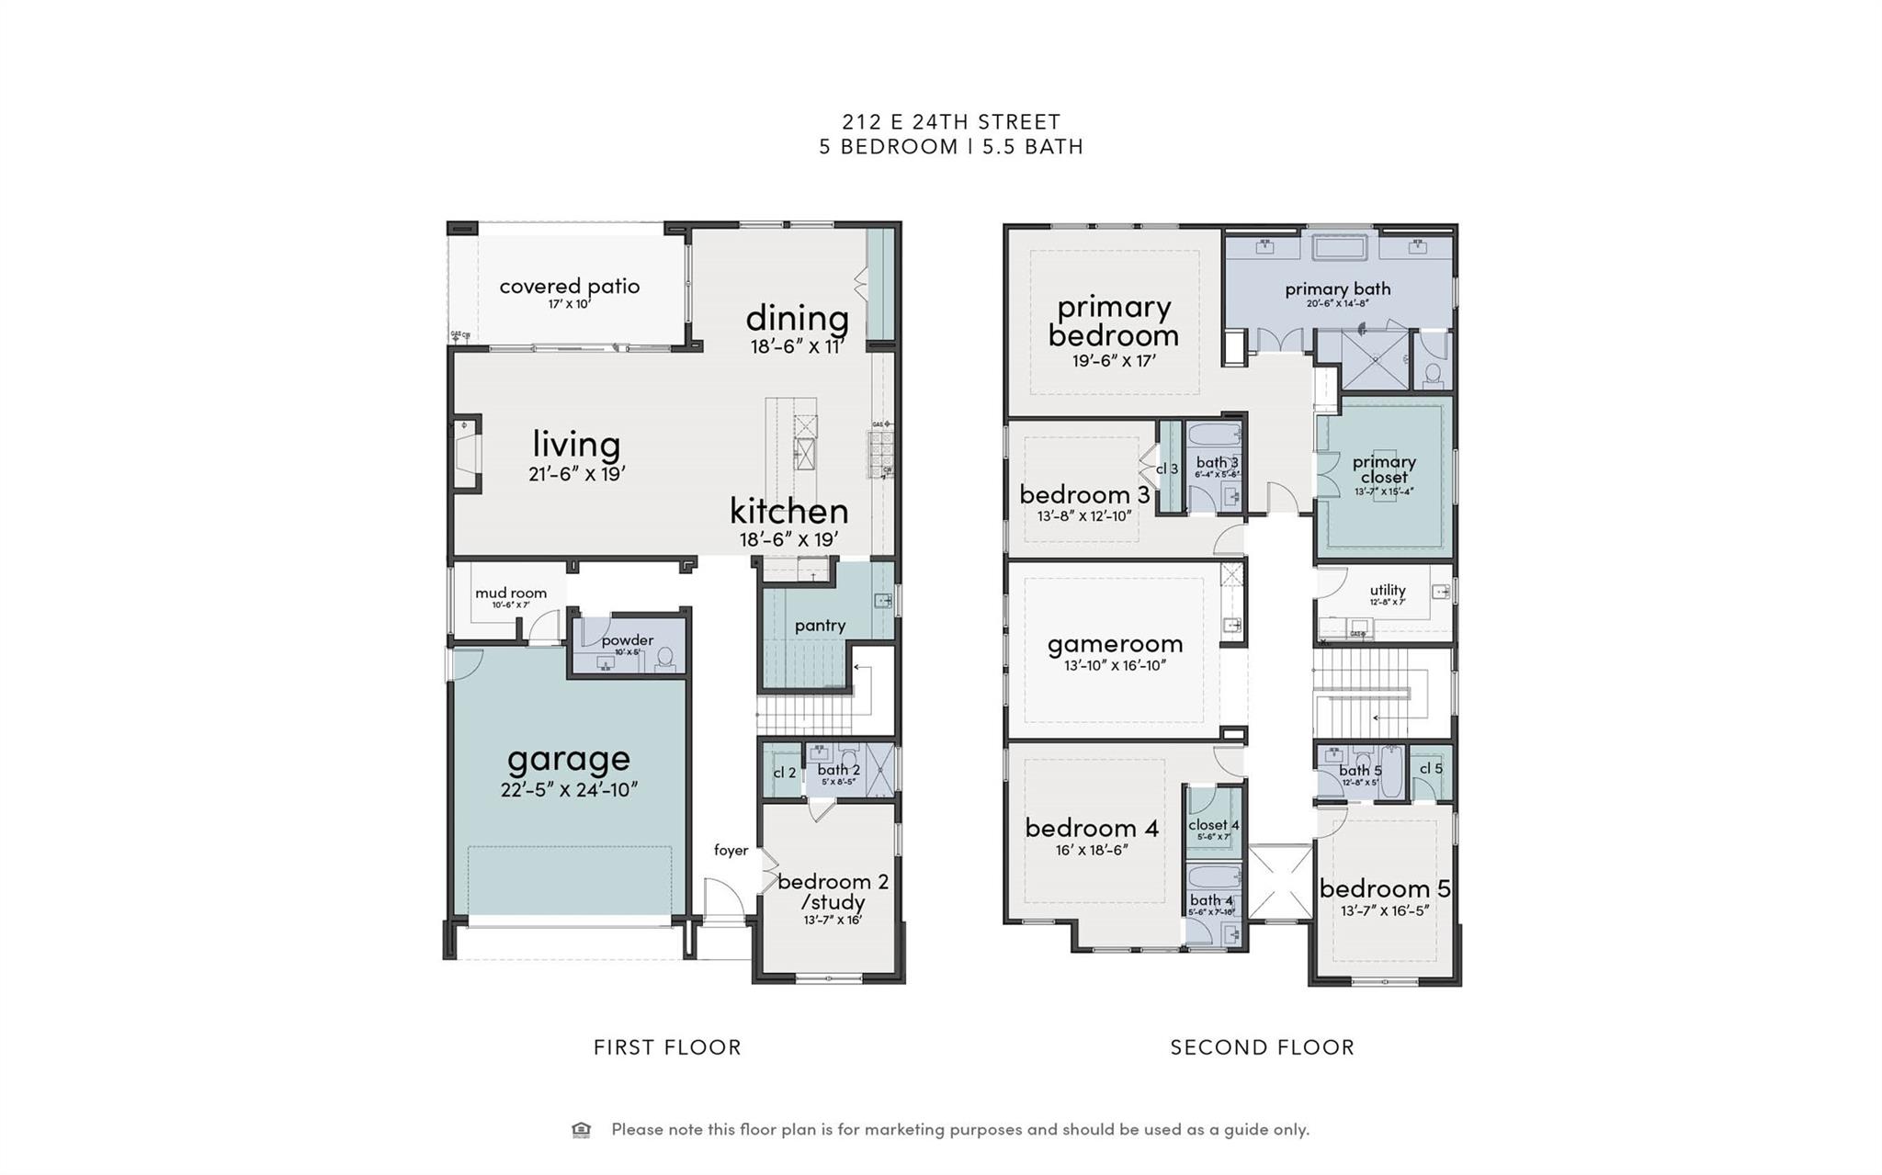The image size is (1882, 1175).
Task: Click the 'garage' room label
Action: pos(569,759)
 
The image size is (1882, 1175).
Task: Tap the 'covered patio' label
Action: pos(569,286)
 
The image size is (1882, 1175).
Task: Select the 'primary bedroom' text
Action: pos(1113,321)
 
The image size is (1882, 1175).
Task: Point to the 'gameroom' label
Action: pos(1115,644)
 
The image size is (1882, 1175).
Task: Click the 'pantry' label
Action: pos(820,626)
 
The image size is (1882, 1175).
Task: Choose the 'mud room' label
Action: pos(511,593)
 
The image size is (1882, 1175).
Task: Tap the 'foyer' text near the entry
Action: pos(731,851)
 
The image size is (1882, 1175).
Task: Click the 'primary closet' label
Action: pos(1384,469)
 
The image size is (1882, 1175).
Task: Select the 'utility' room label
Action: pos(1387,590)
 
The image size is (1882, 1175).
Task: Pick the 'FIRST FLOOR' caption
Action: pos(667,1047)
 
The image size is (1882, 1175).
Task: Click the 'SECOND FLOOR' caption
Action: pos(1262,1047)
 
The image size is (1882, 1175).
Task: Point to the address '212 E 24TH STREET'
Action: pos(951,121)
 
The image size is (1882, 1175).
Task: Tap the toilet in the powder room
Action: pos(664,658)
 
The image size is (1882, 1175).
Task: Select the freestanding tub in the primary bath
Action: pos(1340,248)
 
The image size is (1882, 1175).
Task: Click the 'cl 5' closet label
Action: pos(1431,768)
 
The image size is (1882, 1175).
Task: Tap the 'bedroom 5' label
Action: pos(1384,888)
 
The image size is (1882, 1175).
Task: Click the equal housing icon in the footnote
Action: pos(581,1130)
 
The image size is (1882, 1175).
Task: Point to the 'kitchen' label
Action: pos(788,511)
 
